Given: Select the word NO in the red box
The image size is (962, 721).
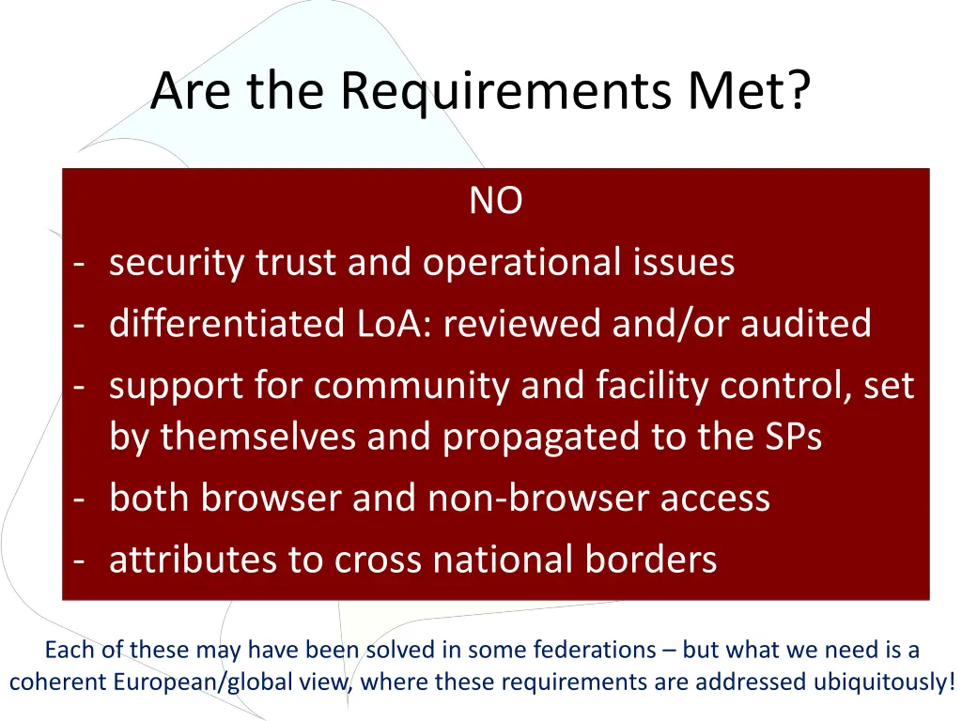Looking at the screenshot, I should pyautogui.click(x=496, y=201).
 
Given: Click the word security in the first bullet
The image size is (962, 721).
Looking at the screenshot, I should pyautogui.click(x=177, y=263).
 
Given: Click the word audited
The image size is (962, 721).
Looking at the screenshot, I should pyautogui.click(x=806, y=324).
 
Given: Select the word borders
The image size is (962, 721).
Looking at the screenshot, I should pyautogui.click(x=651, y=560).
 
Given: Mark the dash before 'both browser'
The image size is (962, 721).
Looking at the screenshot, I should pyautogui.click(x=80, y=499).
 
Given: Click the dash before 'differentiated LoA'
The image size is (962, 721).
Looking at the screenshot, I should pyautogui.click(x=80, y=324).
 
